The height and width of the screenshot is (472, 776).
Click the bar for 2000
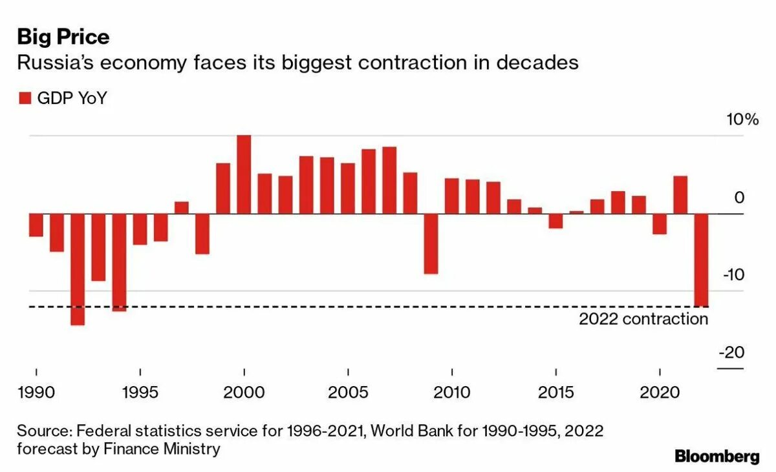[244, 174]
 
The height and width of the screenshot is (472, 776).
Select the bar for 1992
[78, 269]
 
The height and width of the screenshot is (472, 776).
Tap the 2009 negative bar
[431, 243]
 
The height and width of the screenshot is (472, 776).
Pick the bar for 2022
[701, 260]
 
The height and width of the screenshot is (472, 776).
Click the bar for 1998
[202, 233]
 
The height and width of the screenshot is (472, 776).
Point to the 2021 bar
[680, 194]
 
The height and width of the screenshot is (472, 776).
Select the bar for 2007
[389, 180]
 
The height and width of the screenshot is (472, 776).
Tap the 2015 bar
[555, 220]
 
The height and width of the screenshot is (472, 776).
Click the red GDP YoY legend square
[25, 98]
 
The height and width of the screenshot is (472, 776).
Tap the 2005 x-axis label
[348, 392]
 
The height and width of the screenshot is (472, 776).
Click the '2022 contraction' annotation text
[643, 319]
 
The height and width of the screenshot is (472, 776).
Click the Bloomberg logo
[717, 457]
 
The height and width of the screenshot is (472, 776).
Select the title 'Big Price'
[63, 37]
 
